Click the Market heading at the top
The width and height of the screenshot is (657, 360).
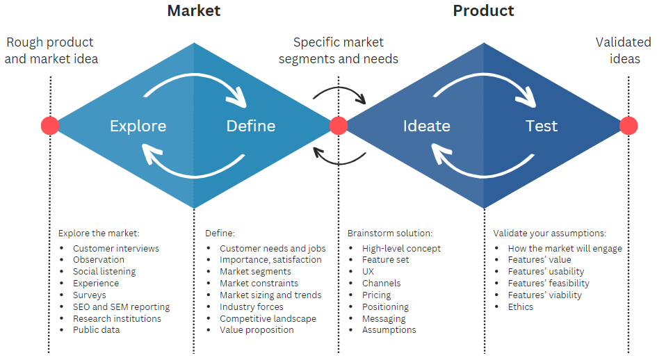[193, 11]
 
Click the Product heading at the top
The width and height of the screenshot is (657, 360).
[483, 11]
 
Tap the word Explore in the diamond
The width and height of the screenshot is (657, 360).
[138, 126]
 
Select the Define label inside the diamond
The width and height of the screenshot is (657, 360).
[251, 126]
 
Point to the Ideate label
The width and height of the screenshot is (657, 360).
[426, 126]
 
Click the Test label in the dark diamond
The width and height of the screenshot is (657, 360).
[541, 126]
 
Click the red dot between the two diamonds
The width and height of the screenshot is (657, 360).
[339, 125]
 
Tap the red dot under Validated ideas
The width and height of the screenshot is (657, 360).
[628, 125]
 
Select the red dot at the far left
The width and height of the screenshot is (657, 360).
[50, 125]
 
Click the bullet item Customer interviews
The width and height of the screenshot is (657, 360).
[115, 248]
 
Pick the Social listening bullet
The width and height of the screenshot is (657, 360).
[104, 272]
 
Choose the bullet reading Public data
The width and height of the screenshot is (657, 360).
[96, 330]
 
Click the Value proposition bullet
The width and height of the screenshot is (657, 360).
[257, 330]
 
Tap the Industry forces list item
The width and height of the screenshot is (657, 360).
[251, 306]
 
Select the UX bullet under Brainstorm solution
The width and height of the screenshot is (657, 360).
[368, 272]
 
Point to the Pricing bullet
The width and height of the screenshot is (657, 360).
[377, 295]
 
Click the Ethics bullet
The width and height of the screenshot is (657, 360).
[521, 306]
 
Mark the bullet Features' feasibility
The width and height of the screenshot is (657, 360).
[549, 284]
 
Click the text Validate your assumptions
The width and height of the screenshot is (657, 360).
[549, 234]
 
